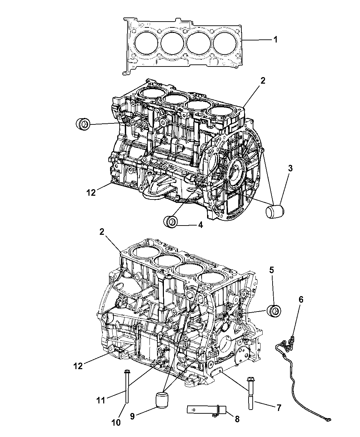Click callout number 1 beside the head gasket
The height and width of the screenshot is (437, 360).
pos(276,39)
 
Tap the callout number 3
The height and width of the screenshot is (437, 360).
pos(290,169)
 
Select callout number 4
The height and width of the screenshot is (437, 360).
pos(201,225)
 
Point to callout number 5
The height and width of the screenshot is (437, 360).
pos(272,270)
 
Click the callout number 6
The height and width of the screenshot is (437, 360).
pos(301,300)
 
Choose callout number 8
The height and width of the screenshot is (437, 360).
pos(237,419)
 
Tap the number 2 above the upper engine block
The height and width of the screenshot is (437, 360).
pos(263,80)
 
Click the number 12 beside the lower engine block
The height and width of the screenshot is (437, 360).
pos(78,366)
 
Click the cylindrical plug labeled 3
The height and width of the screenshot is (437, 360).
pos(275,211)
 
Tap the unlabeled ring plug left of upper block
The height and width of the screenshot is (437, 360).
pos(83,124)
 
